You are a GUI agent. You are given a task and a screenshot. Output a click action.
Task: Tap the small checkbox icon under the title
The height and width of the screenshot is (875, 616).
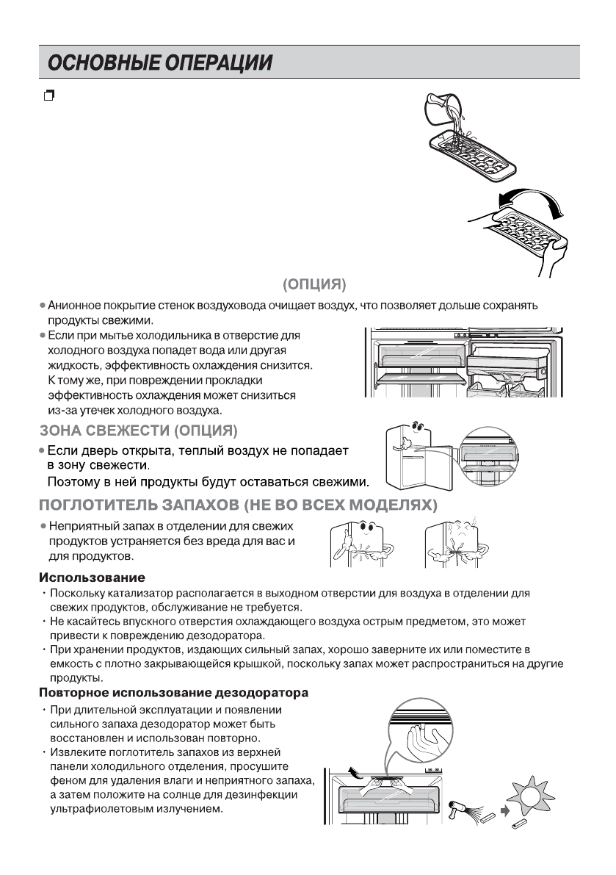49,95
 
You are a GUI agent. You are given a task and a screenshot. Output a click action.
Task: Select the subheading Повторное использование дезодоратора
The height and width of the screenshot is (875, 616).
173,693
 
